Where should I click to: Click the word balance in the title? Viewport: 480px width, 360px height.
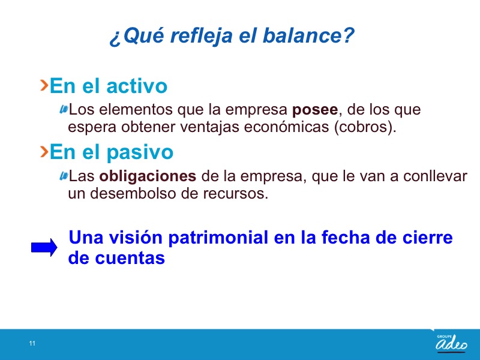click(x=308, y=35)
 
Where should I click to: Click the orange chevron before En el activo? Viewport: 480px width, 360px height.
click(x=44, y=85)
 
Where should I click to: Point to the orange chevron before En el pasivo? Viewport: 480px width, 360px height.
click(x=44, y=152)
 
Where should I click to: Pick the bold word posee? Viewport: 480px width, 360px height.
click(x=315, y=110)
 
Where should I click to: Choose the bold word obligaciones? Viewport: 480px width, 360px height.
click(x=148, y=176)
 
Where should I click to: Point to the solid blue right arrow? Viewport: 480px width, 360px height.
click(x=44, y=247)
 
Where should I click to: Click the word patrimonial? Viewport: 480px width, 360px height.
click(x=218, y=237)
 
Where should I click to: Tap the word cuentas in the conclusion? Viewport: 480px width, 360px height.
click(x=130, y=258)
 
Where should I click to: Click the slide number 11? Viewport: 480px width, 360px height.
click(x=32, y=343)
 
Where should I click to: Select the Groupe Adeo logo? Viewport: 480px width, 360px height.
click(x=452, y=343)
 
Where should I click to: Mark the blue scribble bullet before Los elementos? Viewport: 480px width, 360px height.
click(x=64, y=109)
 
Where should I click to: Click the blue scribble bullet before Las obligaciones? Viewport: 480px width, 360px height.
click(x=64, y=176)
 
